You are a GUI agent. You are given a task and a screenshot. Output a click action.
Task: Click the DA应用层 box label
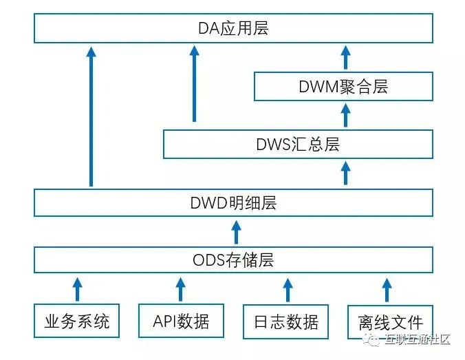pyautogui.click(x=232, y=29)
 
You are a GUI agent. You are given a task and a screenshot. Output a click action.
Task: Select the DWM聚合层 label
pyautogui.click(x=343, y=87)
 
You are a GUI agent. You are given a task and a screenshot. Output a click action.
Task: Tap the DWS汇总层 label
pyautogui.click(x=298, y=145)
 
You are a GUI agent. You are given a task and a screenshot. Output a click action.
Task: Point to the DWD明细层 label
pyautogui.click(x=232, y=204)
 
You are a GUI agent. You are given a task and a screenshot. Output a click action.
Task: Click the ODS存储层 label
pyautogui.click(x=232, y=260)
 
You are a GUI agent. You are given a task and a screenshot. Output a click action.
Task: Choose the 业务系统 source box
pyautogui.click(x=76, y=321)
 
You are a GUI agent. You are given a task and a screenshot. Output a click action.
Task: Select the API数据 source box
pyautogui.click(x=180, y=321)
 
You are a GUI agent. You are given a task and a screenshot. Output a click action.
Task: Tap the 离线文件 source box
pyautogui.click(x=390, y=321)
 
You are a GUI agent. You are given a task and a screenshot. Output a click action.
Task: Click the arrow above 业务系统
pyautogui.click(x=77, y=288)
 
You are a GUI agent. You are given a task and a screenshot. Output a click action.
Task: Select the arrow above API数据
pyautogui.click(x=180, y=288)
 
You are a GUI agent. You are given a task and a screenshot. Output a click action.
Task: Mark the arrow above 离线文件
pyautogui.click(x=387, y=288)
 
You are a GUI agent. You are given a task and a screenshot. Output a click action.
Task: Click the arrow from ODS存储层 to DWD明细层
pyautogui.click(x=236, y=232)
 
